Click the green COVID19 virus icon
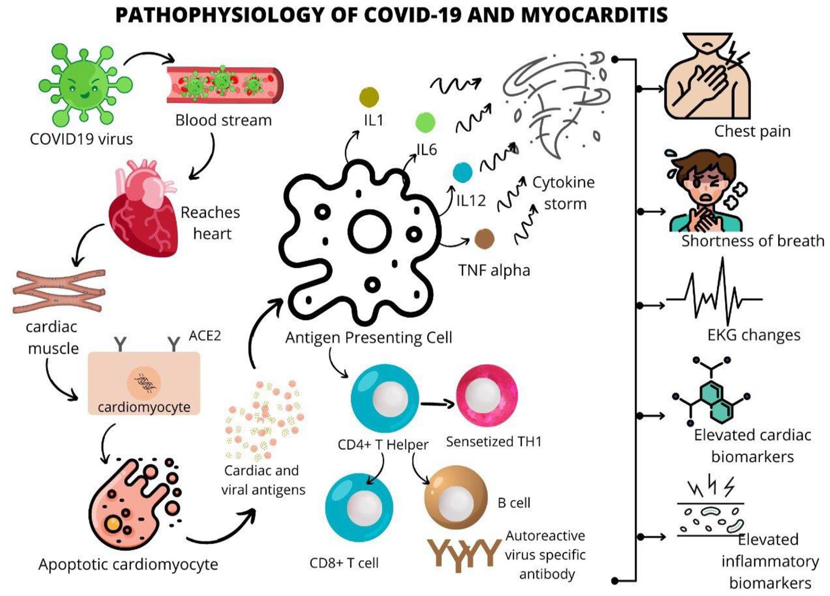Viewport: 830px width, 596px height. click(85, 84)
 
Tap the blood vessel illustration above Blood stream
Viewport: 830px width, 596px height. click(225, 85)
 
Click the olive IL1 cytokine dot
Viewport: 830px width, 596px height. click(369, 97)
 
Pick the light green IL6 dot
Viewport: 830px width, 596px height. click(425, 122)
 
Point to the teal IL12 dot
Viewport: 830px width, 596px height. click(463, 172)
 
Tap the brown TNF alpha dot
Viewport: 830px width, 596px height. click(484, 239)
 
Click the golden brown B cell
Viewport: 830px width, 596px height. click(456, 498)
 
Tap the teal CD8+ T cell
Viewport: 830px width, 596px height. click(359, 507)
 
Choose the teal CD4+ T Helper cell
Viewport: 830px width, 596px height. click(385, 398)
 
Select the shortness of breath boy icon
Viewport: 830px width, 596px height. click(706, 190)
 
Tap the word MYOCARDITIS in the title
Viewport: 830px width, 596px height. click(594, 15)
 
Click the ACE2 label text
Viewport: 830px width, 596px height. click(205, 335)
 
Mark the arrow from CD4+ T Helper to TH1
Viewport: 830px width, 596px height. click(437, 404)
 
